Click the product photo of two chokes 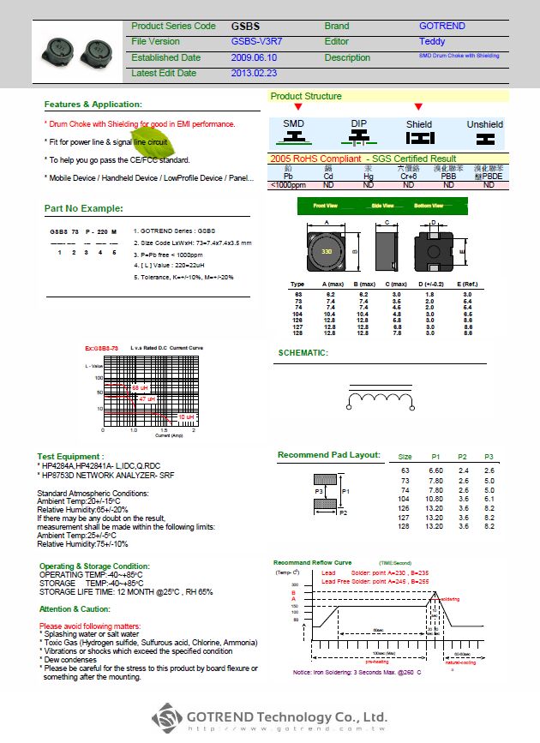[x=69, y=50]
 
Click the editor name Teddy [x=432, y=41]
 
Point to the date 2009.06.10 [x=255, y=57]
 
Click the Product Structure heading [x=306, y=96]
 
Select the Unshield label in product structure [x=484, y=124]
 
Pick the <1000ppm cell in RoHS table [x=288, y=184]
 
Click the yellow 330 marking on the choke [x=327, y=253]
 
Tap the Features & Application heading [x=92, y=105]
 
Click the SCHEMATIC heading [x=303, y=352]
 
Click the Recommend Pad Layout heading [x=328, y=455]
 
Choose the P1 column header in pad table [x=435, y=457]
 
